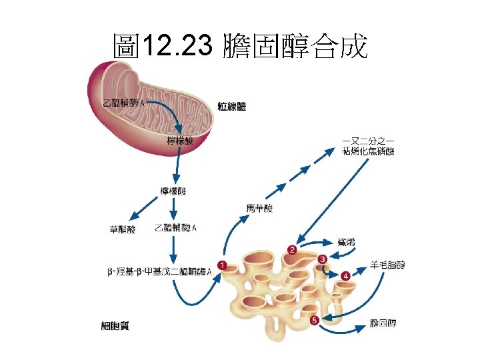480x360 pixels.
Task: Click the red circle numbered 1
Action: pyautogui.click(x=221, y=265)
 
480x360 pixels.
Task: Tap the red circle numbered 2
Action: pyautogui.click(x=292, y=250)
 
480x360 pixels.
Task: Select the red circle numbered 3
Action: pyautogui.click(x=323, y=259)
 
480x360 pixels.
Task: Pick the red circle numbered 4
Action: pyautogui.click(x=345, y=275)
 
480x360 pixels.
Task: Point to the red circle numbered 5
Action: pyautogui.click(x=315, y=321)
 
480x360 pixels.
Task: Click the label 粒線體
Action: pyautogui.click(x=232, y=106)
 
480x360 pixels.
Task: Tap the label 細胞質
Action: pyautogui.click(x=115, y=326)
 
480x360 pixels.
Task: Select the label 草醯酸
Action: pyautogui.click(x=122, y=229)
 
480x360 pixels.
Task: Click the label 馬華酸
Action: pyautogui.click(x=259, y=209)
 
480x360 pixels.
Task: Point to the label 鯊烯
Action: pyautogui.click(x=346, y=241)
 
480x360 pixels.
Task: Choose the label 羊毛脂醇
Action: pyautogui.click(x=387, y=265)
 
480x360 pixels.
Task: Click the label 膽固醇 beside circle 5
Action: pyautogui.click(x=383, y=324)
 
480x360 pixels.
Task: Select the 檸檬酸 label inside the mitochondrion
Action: pyautogui.click(x=180, y=141)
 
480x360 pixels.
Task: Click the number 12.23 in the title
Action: pyautogui.click(x=177, y=47)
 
